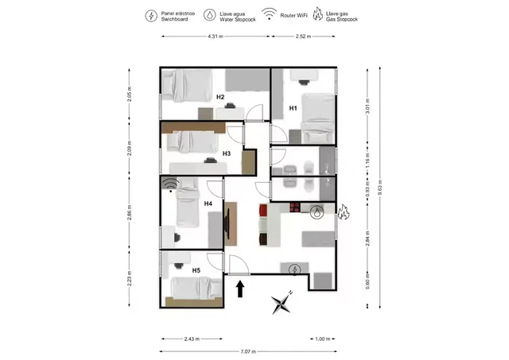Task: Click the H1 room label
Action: pos(293,107)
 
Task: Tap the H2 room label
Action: pos(220,98)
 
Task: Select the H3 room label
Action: pos(227,153)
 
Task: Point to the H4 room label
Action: pos(208,204)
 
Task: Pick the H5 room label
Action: pos(196,270)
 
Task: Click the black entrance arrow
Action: pos(240,288)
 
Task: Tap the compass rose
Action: pos(282,302)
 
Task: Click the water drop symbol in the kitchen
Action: pos(318,212)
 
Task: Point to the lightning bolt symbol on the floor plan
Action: pos(296,270)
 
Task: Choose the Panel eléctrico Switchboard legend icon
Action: pos(151,15)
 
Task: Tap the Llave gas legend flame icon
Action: pos(318,15)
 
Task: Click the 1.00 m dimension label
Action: pos(322,339)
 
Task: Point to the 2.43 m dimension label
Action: pos(192,339)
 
